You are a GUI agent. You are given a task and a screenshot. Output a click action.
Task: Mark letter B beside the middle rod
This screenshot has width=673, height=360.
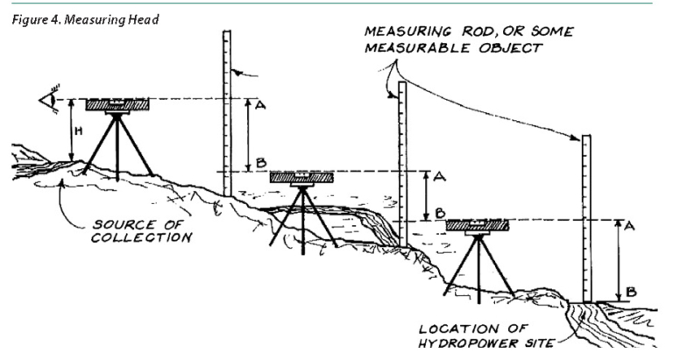pyautogui.click(x=439, y=213)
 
